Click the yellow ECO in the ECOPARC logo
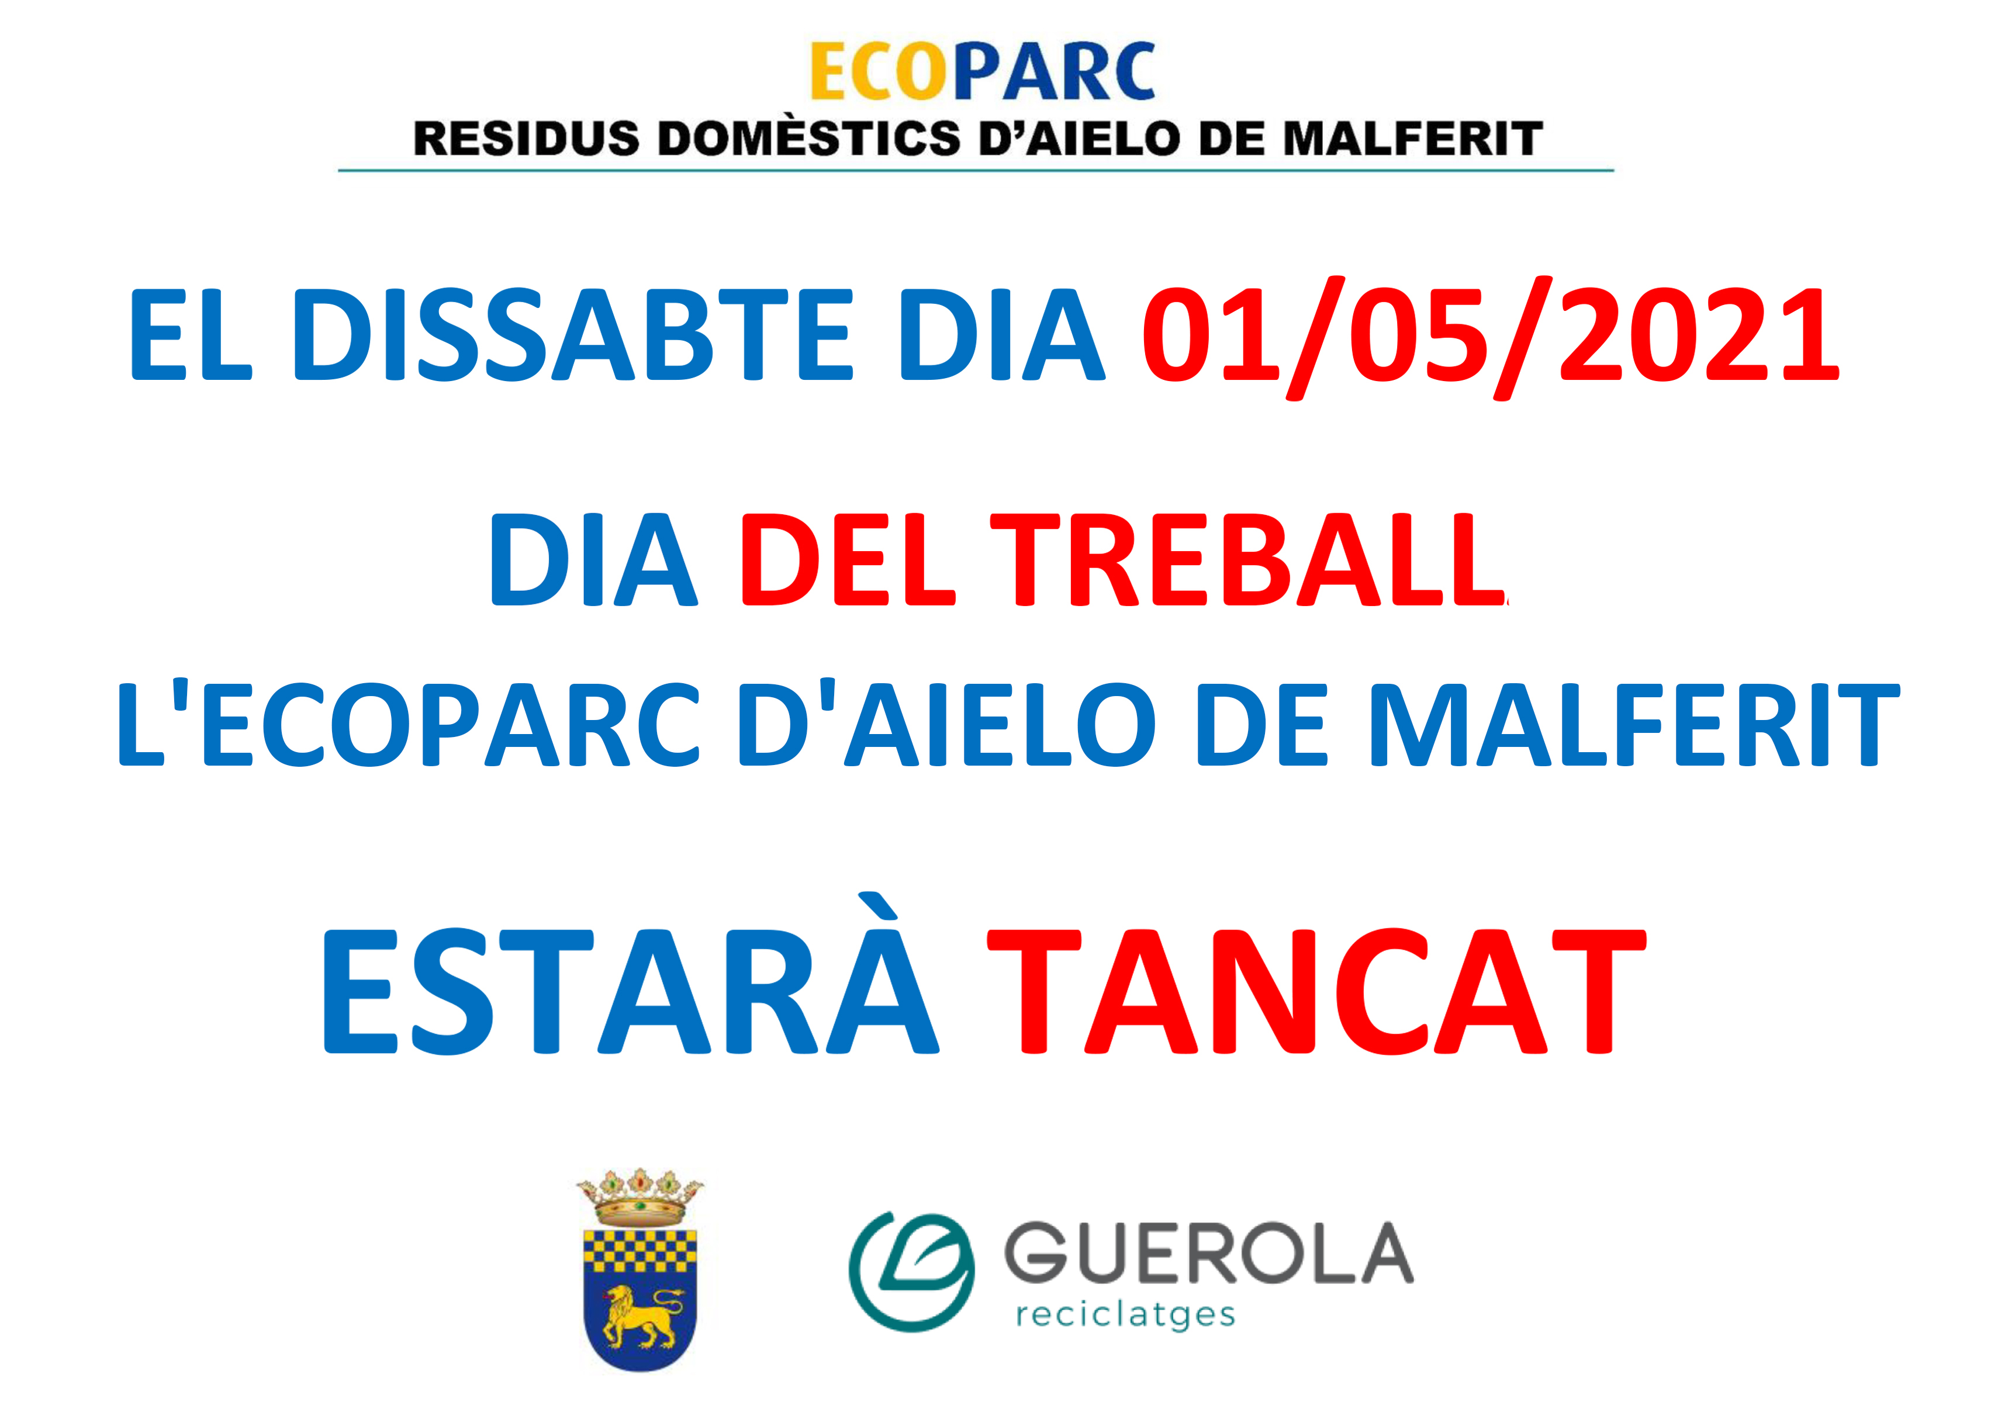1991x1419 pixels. (x=880, y=71)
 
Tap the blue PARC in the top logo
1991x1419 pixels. (x=1054, y=71)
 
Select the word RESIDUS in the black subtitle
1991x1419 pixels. (x=526, y=140)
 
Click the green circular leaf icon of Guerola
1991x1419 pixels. (x=911, y=1269)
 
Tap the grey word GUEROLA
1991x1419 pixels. (x=1208, y=1252)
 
